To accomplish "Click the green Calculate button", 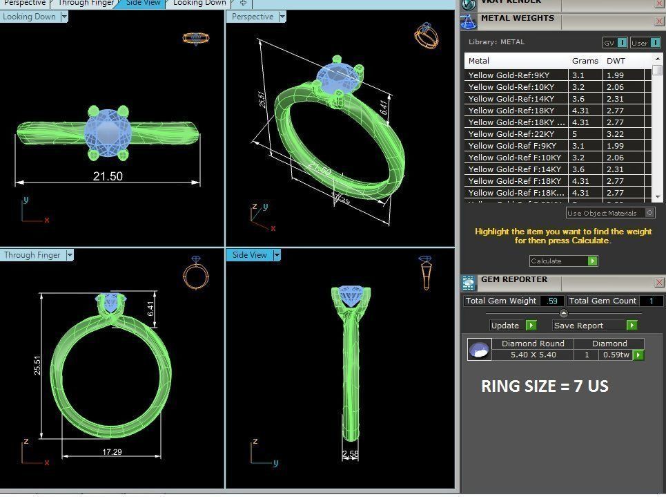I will point(563,261).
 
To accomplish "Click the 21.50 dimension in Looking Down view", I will point(108,176).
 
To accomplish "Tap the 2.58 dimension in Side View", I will point(351,454).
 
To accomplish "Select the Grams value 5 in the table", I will point(575,134).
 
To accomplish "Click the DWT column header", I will point(616,61).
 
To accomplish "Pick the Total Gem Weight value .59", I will point(551,301).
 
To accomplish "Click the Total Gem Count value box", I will point(651,301).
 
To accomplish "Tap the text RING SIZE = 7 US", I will point(545,386).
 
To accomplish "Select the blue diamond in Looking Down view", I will point(108,129).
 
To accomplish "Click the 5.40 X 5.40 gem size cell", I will point(533,355).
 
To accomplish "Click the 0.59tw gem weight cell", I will point(616,355).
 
